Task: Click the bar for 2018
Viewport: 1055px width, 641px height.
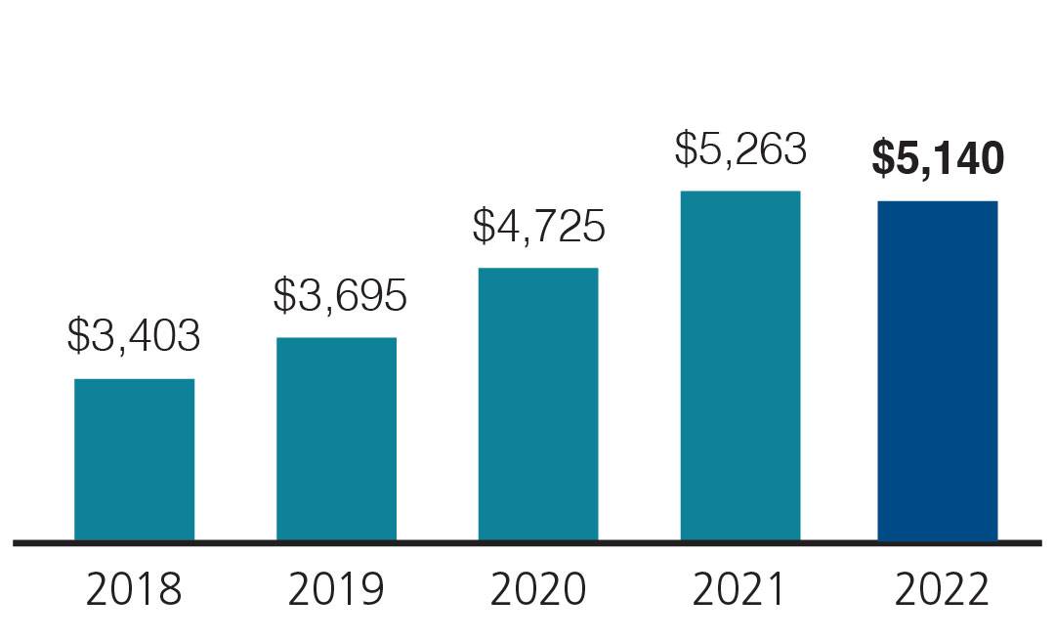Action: click(x=134, y=458)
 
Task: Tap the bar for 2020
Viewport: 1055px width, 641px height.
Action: click(x=537, y=403)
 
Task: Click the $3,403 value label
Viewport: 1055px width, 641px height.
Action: click(x=134, y=336)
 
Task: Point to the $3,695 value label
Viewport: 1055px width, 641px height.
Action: click(x=339, y=295)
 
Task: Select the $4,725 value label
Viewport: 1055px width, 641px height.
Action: click(x=538, y=226)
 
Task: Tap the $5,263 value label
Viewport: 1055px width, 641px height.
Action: click(x=740, y=149)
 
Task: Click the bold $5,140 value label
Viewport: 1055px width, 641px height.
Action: click(x=938, y=159)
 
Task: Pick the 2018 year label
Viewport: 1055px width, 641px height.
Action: click(x=134, y=590)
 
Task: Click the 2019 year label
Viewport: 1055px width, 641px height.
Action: click(x=336, y=590)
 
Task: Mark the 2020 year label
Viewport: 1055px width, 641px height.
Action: click(x=537, y=590)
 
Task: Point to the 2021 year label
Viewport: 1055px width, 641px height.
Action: click(x=739, y=590)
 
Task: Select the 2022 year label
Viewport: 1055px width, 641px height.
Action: click(x=941, y=590)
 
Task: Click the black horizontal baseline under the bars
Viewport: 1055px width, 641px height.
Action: click(x=527, y=542)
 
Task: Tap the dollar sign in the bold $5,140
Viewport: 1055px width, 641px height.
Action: click(x=883, y=159)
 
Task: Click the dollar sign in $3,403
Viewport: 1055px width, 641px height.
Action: click(x=77, y=336)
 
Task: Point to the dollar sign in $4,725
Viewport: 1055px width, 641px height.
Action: click(x=483, y=226)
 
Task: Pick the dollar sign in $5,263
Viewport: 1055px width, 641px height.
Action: click(x=685, y=149)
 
